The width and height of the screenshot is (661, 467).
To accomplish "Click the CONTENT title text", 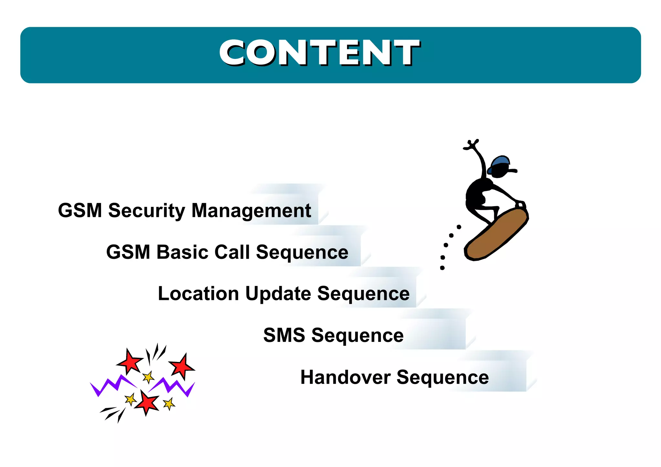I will click(320, 53).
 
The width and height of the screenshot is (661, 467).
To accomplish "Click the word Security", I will click(147, 211).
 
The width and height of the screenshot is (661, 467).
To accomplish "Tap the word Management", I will click(251, 211).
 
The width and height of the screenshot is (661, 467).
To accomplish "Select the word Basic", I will click(182, 252).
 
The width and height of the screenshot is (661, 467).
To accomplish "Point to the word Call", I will click(232, 252).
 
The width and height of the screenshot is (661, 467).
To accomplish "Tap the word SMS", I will click(284, 335).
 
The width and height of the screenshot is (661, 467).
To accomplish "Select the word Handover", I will click(345, 377).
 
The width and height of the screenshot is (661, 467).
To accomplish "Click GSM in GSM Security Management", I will click(80, 211).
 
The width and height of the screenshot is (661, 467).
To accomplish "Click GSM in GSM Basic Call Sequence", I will click(128, 252).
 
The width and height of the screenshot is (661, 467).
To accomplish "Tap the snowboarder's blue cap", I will click(500, 163).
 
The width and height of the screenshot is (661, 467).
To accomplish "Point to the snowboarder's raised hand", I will click(472, 144).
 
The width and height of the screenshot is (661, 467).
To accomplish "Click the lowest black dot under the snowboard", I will click(442, 268).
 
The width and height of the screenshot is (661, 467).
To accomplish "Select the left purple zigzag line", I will click(111, 386).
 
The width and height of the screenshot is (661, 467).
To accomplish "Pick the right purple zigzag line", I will click(173, 386).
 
